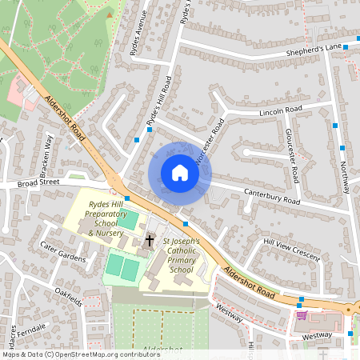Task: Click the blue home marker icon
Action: click(x=180, y=173)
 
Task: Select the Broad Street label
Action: click(x=41, y=182)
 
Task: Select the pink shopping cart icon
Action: click(x=301, y=314)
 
